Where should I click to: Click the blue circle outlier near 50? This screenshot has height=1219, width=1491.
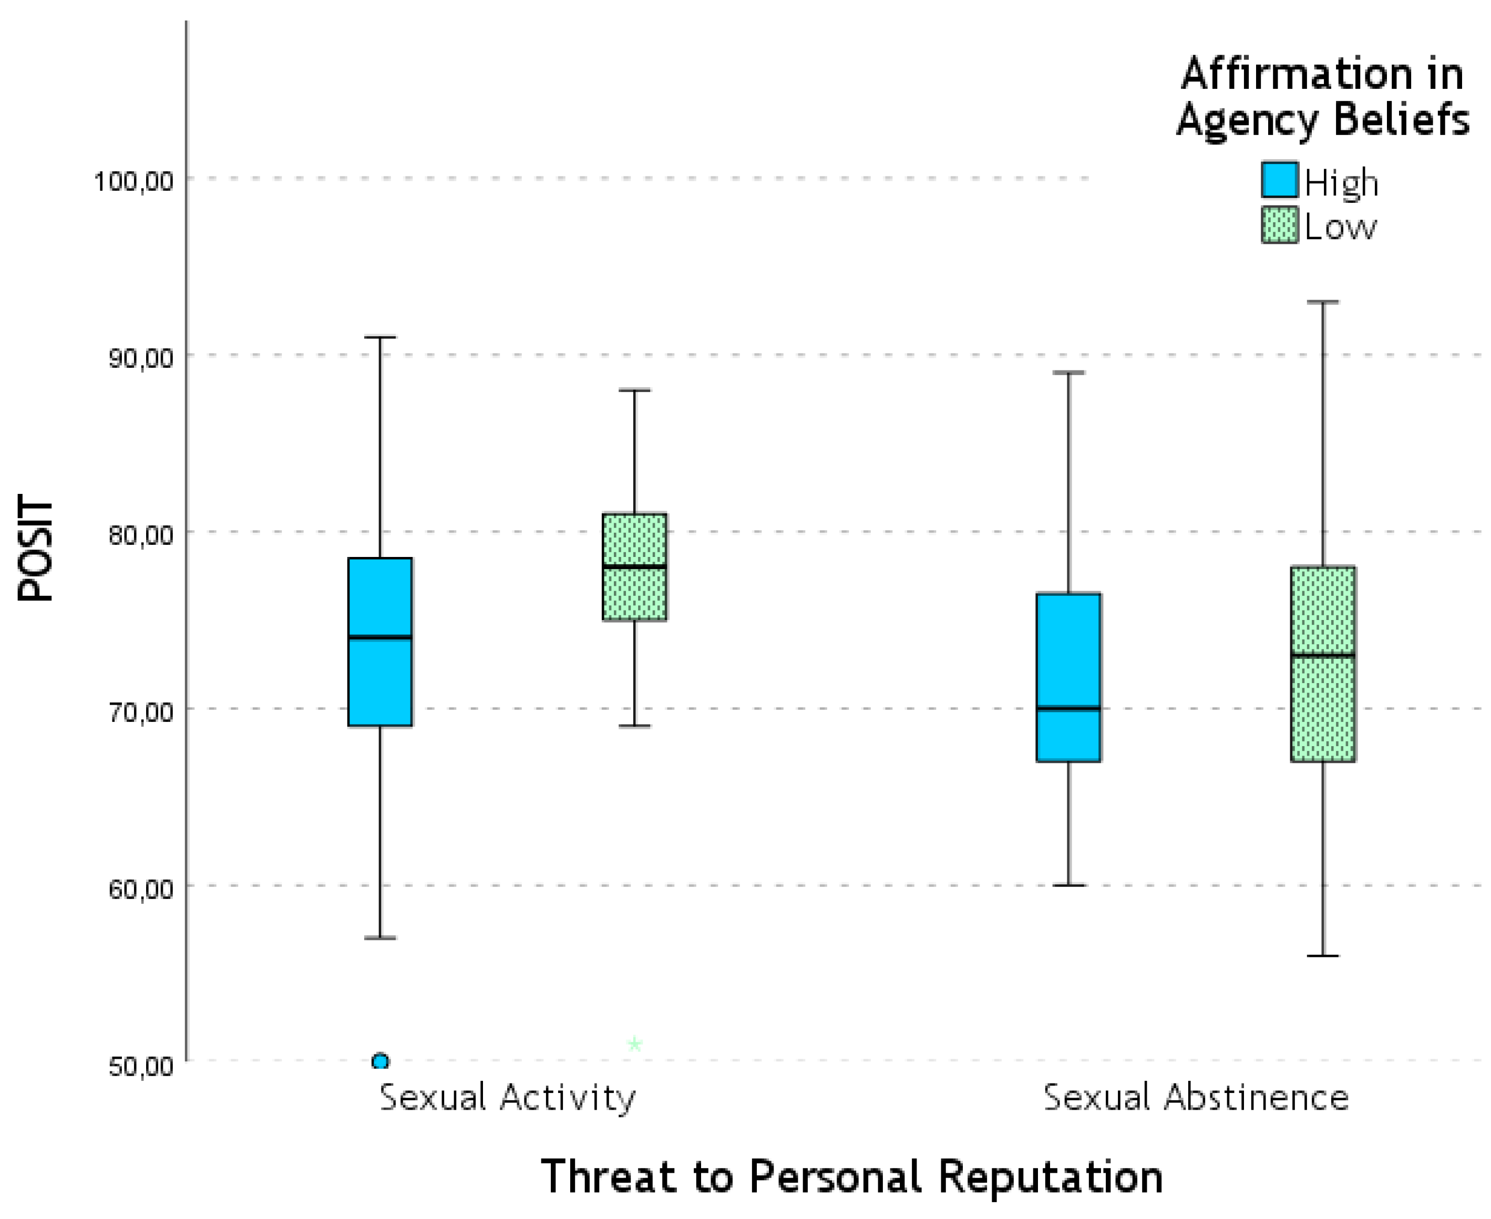click(380, 1060)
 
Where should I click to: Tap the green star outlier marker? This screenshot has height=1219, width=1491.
click(634, 1044)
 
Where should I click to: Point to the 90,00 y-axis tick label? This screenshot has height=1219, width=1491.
click(140, 357)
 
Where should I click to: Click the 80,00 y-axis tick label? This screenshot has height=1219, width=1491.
click(140, 534)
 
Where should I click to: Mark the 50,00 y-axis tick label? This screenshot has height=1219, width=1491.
click(140, 1065)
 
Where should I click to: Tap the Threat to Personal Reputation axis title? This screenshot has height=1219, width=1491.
click(851, 1176)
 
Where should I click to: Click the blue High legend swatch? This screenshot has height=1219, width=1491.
click(1279, 180)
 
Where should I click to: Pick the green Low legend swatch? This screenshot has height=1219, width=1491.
click(1279, 225)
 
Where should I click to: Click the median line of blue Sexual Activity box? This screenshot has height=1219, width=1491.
click(380, 637)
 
